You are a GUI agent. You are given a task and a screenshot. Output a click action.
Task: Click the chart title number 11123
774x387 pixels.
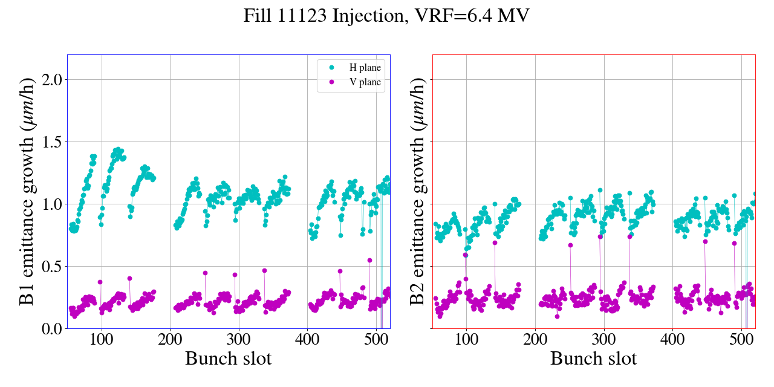[x=307, y=16]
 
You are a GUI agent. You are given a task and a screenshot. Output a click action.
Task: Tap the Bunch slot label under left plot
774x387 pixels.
[x=229, y=359]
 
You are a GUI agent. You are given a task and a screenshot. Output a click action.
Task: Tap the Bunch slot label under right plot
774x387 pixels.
[x=594, y=359]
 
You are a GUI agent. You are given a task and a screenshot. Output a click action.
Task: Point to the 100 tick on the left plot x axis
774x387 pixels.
[x=102, y=339]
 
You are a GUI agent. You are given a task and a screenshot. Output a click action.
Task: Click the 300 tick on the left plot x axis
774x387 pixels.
[x=239, y=339]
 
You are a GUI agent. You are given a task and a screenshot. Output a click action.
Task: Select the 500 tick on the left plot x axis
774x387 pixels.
[x=376, y=339]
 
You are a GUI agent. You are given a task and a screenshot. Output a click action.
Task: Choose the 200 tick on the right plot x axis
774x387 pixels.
[x=535, y=339]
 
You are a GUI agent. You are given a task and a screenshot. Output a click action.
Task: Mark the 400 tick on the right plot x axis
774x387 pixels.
[x=672, y=339]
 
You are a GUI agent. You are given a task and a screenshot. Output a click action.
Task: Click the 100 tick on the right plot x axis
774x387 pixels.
[x=466, y=339]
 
